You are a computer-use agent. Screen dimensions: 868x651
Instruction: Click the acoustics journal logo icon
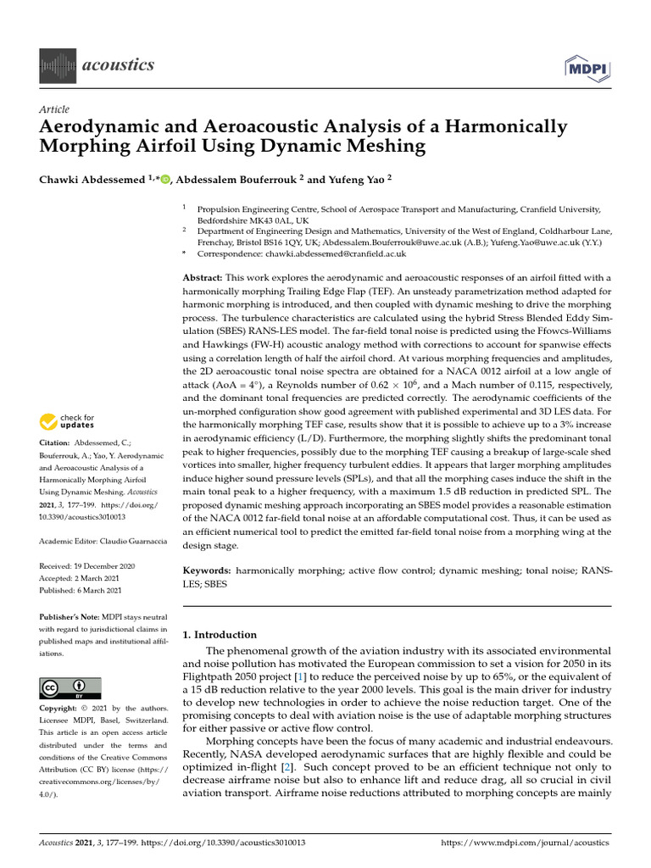[x=58, y=65]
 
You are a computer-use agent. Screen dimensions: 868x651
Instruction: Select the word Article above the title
[x=54, y=110]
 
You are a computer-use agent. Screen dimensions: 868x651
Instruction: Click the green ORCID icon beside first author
[x=164, y=179]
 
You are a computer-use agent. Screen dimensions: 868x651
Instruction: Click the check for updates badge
[x=72, y=421]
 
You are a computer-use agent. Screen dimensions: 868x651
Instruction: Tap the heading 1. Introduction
[x=220, y=634]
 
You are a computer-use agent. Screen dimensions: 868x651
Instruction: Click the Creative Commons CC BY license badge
[x=70, y=687]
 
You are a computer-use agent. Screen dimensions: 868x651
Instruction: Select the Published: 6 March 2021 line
[x=82, y=589]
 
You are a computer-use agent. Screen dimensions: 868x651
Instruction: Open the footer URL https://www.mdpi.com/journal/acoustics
[x=526, y=843]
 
